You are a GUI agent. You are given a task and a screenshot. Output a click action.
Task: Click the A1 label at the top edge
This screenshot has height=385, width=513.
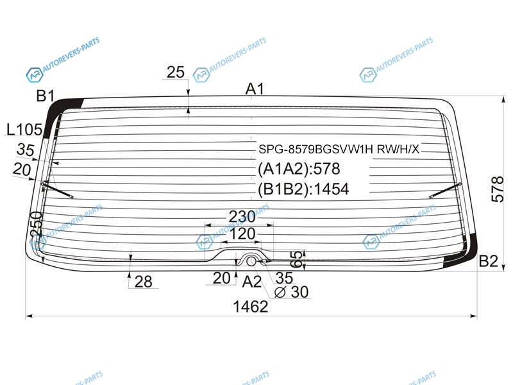click(255, 89)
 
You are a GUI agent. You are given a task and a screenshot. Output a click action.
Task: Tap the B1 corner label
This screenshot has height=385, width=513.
click(45, 96)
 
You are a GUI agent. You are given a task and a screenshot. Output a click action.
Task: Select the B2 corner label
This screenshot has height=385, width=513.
click(488, 261)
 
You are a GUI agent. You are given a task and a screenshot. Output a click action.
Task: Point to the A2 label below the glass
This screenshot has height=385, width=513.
click(251, 282)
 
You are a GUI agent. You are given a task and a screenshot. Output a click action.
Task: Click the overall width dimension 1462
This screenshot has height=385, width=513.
click(250, 307)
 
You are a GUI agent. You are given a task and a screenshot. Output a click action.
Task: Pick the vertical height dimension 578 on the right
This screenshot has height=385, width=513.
click(498, 189)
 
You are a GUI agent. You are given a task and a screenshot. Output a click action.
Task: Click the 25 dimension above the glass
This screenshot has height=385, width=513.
click(175, 73)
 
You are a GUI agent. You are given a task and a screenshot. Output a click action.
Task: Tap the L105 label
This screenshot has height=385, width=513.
click(24, 130)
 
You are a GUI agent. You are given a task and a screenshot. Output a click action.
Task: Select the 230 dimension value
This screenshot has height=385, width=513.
click(242, 216)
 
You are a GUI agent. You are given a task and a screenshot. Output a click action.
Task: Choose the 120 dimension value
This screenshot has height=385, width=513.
click(242, 234)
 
